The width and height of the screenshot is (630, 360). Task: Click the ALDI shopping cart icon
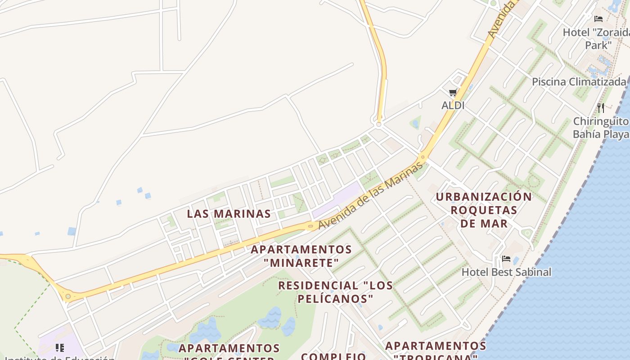453,93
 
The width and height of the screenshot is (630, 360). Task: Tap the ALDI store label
453,105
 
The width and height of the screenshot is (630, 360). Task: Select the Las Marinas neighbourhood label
229,214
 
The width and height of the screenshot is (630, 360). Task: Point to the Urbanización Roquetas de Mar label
484,210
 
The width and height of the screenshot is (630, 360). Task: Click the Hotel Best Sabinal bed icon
506,259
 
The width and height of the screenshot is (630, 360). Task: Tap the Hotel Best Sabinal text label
506,272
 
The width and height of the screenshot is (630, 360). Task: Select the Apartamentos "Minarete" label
301,256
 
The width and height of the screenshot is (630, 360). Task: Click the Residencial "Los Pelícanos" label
335,292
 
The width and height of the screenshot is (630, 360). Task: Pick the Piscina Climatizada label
579,82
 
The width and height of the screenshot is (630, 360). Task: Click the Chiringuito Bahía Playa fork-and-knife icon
600,108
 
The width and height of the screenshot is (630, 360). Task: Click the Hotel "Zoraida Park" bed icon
598,19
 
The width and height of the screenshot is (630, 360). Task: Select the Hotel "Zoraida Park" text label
597,38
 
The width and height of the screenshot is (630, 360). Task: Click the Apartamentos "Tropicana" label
435,351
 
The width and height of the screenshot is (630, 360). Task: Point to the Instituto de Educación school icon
60,347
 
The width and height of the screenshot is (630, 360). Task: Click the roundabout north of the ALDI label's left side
378,124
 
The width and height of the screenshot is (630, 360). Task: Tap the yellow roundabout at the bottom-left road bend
68,296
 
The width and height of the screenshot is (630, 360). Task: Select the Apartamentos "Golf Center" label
229,353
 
